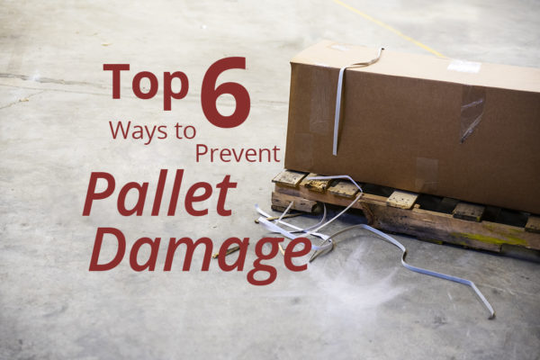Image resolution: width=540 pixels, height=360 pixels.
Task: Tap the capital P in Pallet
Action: tap(101, 193)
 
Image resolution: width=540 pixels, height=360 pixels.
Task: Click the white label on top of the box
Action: tap(463, 67)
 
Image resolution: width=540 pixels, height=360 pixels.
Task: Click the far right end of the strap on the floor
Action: tap(491, 313)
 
